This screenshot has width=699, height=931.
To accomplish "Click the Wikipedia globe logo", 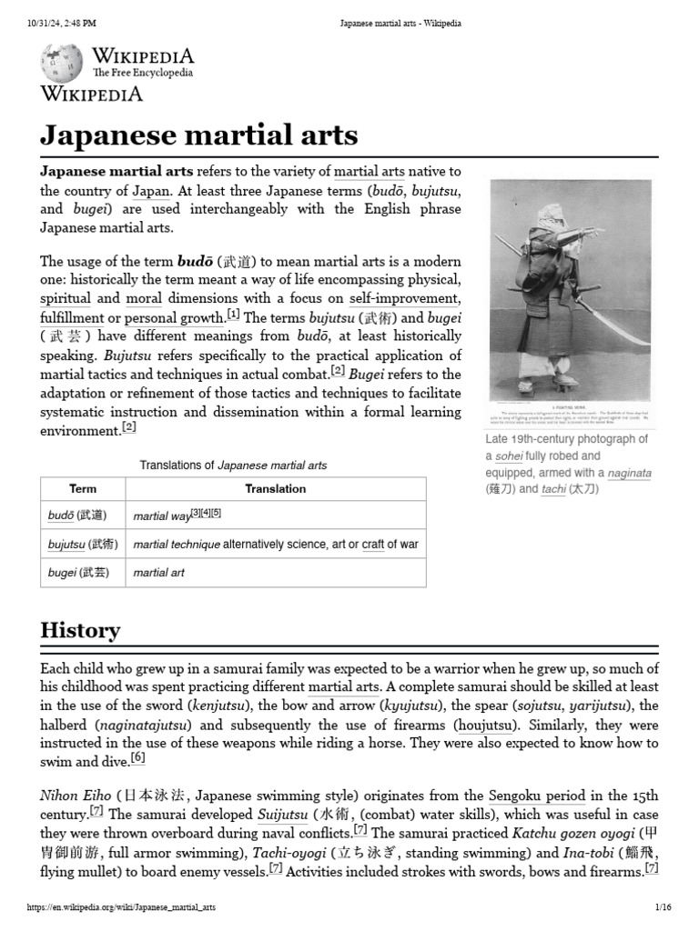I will click(x=62, y=61).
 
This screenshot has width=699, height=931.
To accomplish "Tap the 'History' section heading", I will click(x=80, y=630).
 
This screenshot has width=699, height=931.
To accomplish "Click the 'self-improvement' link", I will click(x=403, y=298).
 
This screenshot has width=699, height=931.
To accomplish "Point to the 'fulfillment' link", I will click(x=73, y=318).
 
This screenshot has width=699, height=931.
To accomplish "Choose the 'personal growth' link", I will click(x=174, y=318).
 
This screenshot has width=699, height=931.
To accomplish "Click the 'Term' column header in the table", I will click(x=83, y=488).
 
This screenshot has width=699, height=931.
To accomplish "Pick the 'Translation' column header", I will click(x=275, y=488).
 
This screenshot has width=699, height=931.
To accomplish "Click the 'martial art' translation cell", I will click(x=158, y=573).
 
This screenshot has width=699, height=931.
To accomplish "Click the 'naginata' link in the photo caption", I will click(x=630, y=473).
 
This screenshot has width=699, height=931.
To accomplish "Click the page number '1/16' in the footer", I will click(x=662, y=908).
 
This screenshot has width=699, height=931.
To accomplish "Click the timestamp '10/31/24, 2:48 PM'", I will click(x=63, y=23).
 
